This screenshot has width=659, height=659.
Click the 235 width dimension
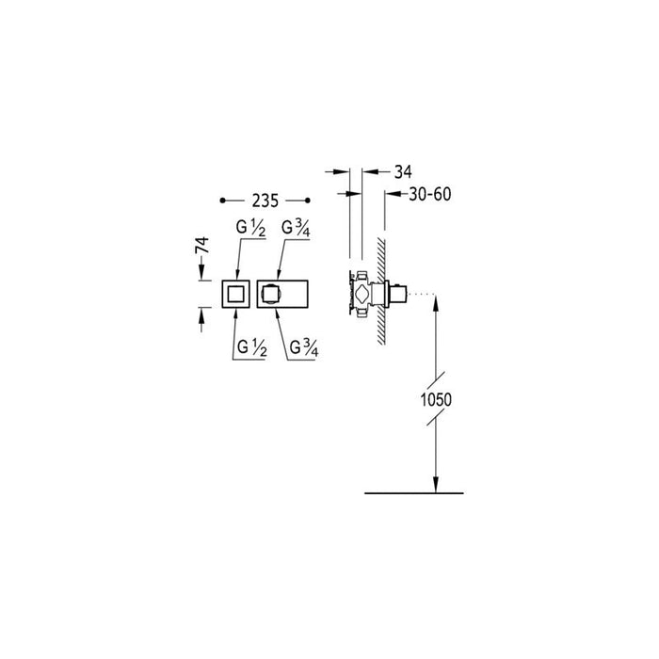click(265, 201)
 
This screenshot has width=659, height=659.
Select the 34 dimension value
click(402, 171)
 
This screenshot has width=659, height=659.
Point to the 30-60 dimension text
click(430, 193)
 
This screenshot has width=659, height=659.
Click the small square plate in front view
click(235, 295)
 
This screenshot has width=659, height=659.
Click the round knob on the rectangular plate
click(272, 295)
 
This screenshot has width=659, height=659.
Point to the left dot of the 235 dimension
click(222, 201)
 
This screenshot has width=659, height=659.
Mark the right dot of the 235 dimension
click(308, 201)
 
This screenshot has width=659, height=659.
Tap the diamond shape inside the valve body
click(357, 294)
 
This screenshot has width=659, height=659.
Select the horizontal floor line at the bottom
click(413, 492)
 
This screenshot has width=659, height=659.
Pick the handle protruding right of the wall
click(401, 296)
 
